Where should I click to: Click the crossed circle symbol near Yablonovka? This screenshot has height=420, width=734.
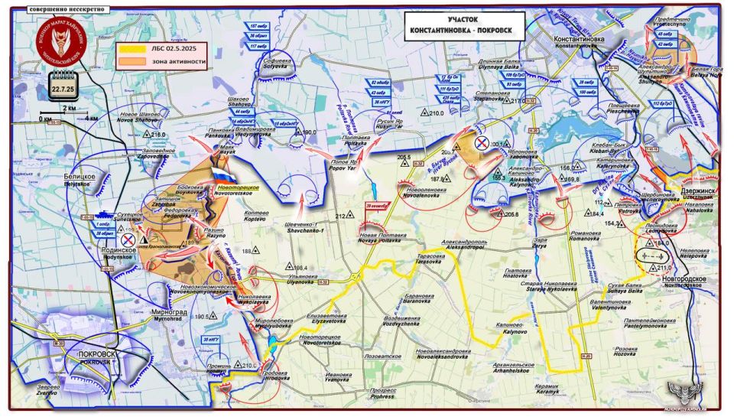coord(482,142)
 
